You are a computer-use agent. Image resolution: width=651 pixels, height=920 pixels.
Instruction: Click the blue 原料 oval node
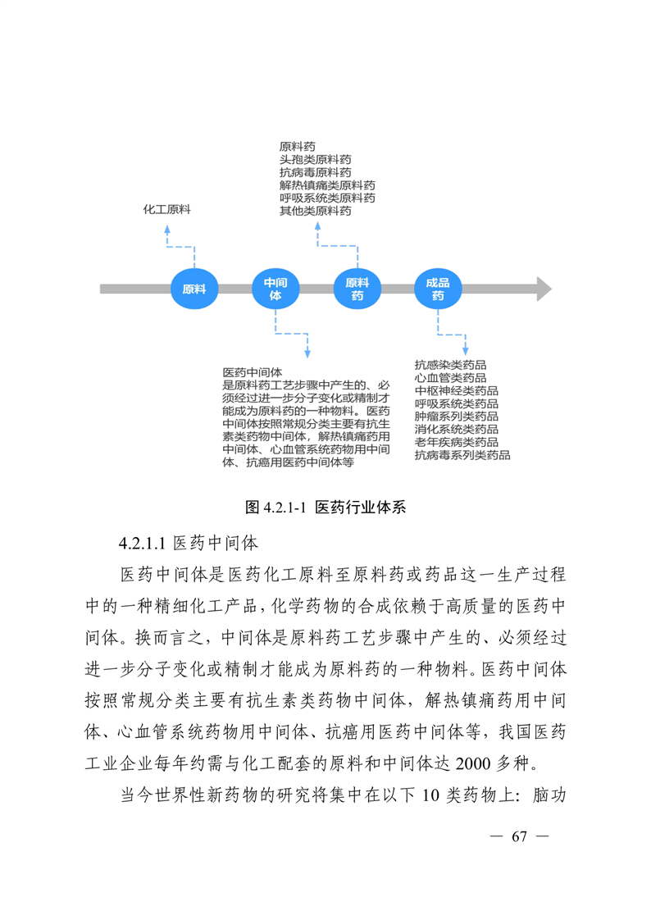(194, 289)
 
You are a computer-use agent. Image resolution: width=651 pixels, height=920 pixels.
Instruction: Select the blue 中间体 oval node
(275, 289)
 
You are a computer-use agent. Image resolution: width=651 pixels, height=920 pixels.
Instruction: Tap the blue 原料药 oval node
(357, 289)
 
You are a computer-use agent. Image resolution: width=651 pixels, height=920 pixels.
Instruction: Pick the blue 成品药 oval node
(438, 289)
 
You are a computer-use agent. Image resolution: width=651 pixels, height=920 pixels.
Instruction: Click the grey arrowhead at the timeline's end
(543, 289)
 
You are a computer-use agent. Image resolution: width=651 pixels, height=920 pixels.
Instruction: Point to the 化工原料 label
(166, 210)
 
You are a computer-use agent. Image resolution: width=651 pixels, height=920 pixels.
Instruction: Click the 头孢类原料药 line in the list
(315, 159)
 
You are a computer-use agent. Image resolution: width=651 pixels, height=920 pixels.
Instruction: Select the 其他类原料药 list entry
(315, 211)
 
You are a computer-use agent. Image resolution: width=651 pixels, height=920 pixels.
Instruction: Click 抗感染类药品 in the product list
(450, 365)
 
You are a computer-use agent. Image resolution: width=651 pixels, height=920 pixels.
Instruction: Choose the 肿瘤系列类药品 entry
(456, 416)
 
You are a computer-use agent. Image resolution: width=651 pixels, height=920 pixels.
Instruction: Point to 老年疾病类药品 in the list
(456, 442)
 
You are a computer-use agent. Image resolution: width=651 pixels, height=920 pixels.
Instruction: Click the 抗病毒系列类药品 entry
(462, 455)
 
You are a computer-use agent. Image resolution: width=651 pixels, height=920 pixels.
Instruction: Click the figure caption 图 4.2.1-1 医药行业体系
(325, 507)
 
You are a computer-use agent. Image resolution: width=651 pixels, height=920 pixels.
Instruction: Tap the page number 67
(517, 836)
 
